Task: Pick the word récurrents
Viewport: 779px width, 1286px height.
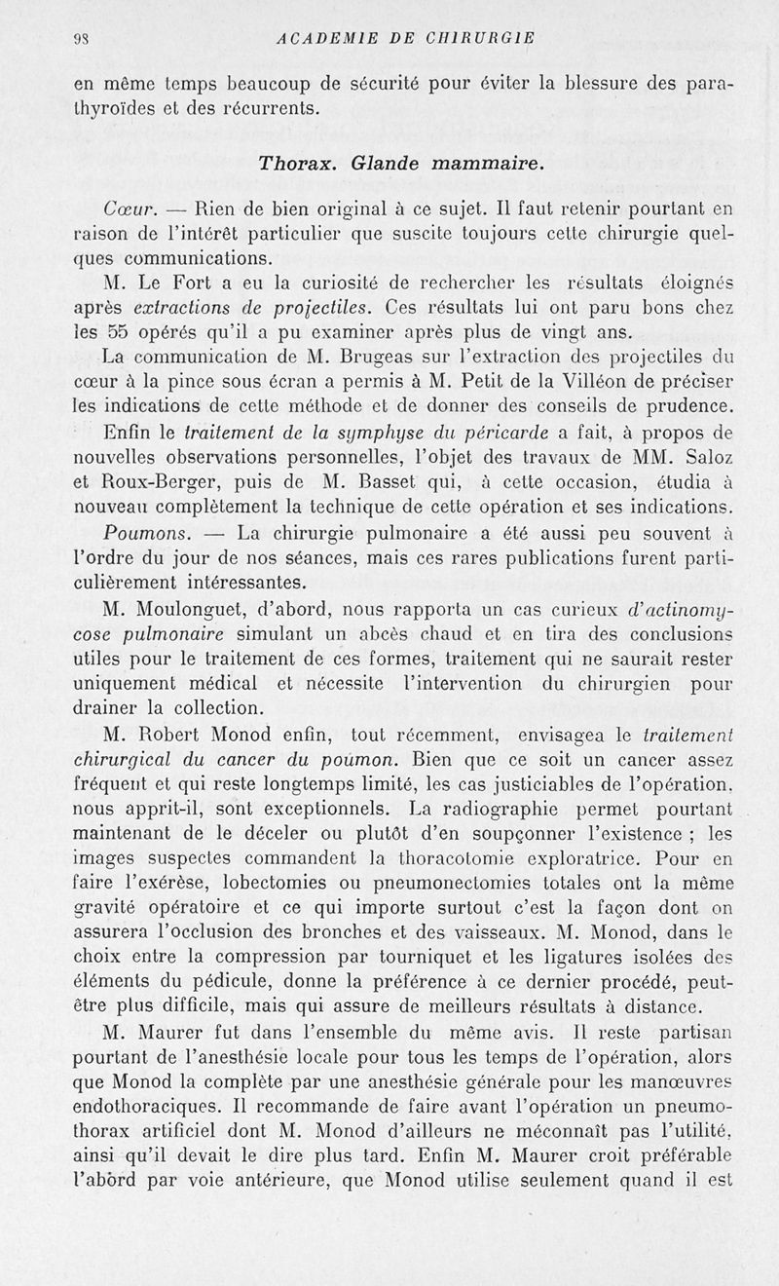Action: pos(269,108)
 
